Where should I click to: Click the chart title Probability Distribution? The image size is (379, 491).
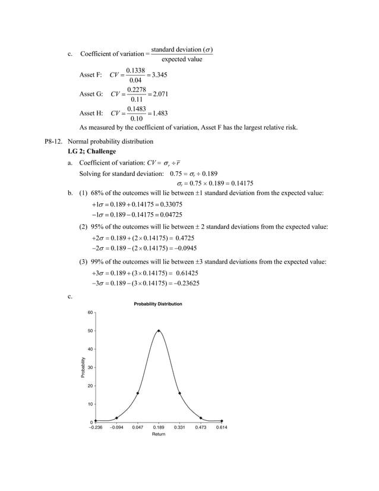(158, 304)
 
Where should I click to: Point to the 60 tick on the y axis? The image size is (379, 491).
(90, 312)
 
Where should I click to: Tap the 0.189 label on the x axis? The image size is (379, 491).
(159, 427)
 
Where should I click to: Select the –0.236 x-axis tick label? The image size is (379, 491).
(96, 427)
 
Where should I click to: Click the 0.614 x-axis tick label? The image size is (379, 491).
(222, 427)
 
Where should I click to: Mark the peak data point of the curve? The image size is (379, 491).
(159, 331)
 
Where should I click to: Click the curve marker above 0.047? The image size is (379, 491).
(138, 393)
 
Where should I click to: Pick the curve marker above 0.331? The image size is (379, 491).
(180, 393)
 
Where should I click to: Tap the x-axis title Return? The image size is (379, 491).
(159, 435)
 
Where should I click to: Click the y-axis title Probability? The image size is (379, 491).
(83, 367)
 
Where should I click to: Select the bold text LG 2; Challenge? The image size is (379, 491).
(92, 152)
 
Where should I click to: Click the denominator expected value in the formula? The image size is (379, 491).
(182, 59)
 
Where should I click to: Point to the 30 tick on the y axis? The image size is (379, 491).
(90, 367)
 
